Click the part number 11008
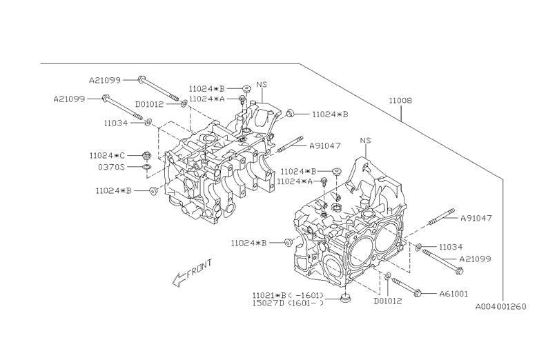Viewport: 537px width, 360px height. [400, 101]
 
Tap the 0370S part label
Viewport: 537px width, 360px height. [110, 167]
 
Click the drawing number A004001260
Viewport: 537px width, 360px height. [500, 306]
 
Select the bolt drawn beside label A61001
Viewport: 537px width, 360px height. [413, 290]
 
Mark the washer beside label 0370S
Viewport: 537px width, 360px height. [146, 167]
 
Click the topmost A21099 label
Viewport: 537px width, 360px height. [106, 79]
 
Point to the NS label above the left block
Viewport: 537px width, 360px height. [262, 85]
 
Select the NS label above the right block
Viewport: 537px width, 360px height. [366, 140]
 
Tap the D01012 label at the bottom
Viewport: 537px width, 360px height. [387, 301]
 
